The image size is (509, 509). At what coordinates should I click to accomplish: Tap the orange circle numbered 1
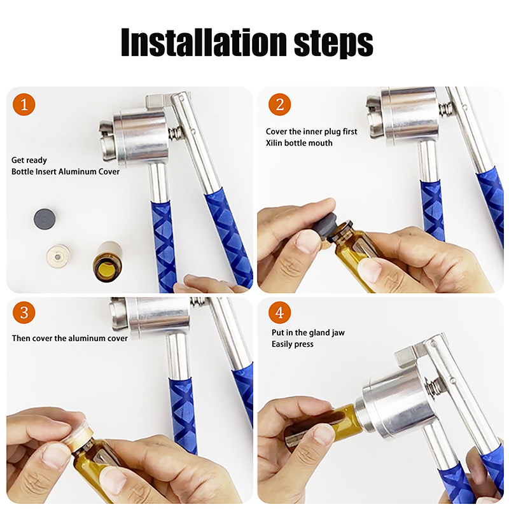point(24,104)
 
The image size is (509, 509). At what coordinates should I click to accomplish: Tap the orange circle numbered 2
point(279,104)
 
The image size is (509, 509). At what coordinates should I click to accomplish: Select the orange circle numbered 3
point(24,312)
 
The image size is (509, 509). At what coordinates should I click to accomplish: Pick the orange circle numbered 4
point(279,312)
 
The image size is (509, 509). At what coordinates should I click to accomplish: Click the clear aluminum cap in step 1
point(59,256)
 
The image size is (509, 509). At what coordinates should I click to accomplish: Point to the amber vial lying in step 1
point(108,261)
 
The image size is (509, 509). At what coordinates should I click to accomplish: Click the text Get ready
point(29,160)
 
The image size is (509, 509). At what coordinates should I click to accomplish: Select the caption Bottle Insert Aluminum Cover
point(66,172)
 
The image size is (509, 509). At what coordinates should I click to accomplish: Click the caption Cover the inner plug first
point(311,132)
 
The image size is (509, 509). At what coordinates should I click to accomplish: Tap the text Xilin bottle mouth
point(299,143)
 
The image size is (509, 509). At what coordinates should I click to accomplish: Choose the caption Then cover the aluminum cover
point(70,338)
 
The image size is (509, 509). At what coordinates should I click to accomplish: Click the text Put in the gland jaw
point(308,332)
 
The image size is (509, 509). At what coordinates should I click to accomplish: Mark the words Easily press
point(293,344)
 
